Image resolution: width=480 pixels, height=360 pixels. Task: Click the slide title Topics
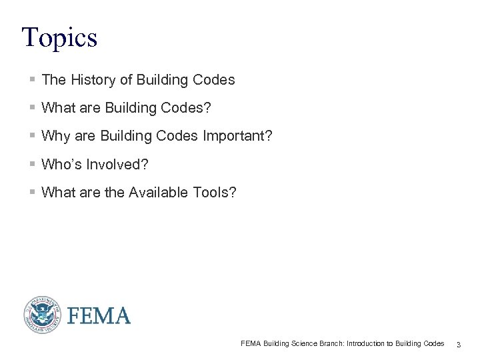[59, 37]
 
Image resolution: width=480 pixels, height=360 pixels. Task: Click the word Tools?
[213, 193]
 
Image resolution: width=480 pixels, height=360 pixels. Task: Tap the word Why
[54, 136]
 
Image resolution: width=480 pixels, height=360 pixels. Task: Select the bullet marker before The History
[33, 80]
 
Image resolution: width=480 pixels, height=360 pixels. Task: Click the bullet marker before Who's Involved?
[33, 164]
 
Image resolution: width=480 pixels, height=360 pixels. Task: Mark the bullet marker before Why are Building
[33, 136]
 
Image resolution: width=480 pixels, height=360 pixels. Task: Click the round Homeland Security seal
[43, 315]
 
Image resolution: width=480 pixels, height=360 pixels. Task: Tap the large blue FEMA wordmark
[99, 315]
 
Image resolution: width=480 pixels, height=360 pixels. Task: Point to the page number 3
[459, 345]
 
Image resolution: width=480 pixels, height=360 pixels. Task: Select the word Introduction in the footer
[365, 344]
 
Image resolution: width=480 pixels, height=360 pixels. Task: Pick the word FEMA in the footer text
[251, 344]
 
